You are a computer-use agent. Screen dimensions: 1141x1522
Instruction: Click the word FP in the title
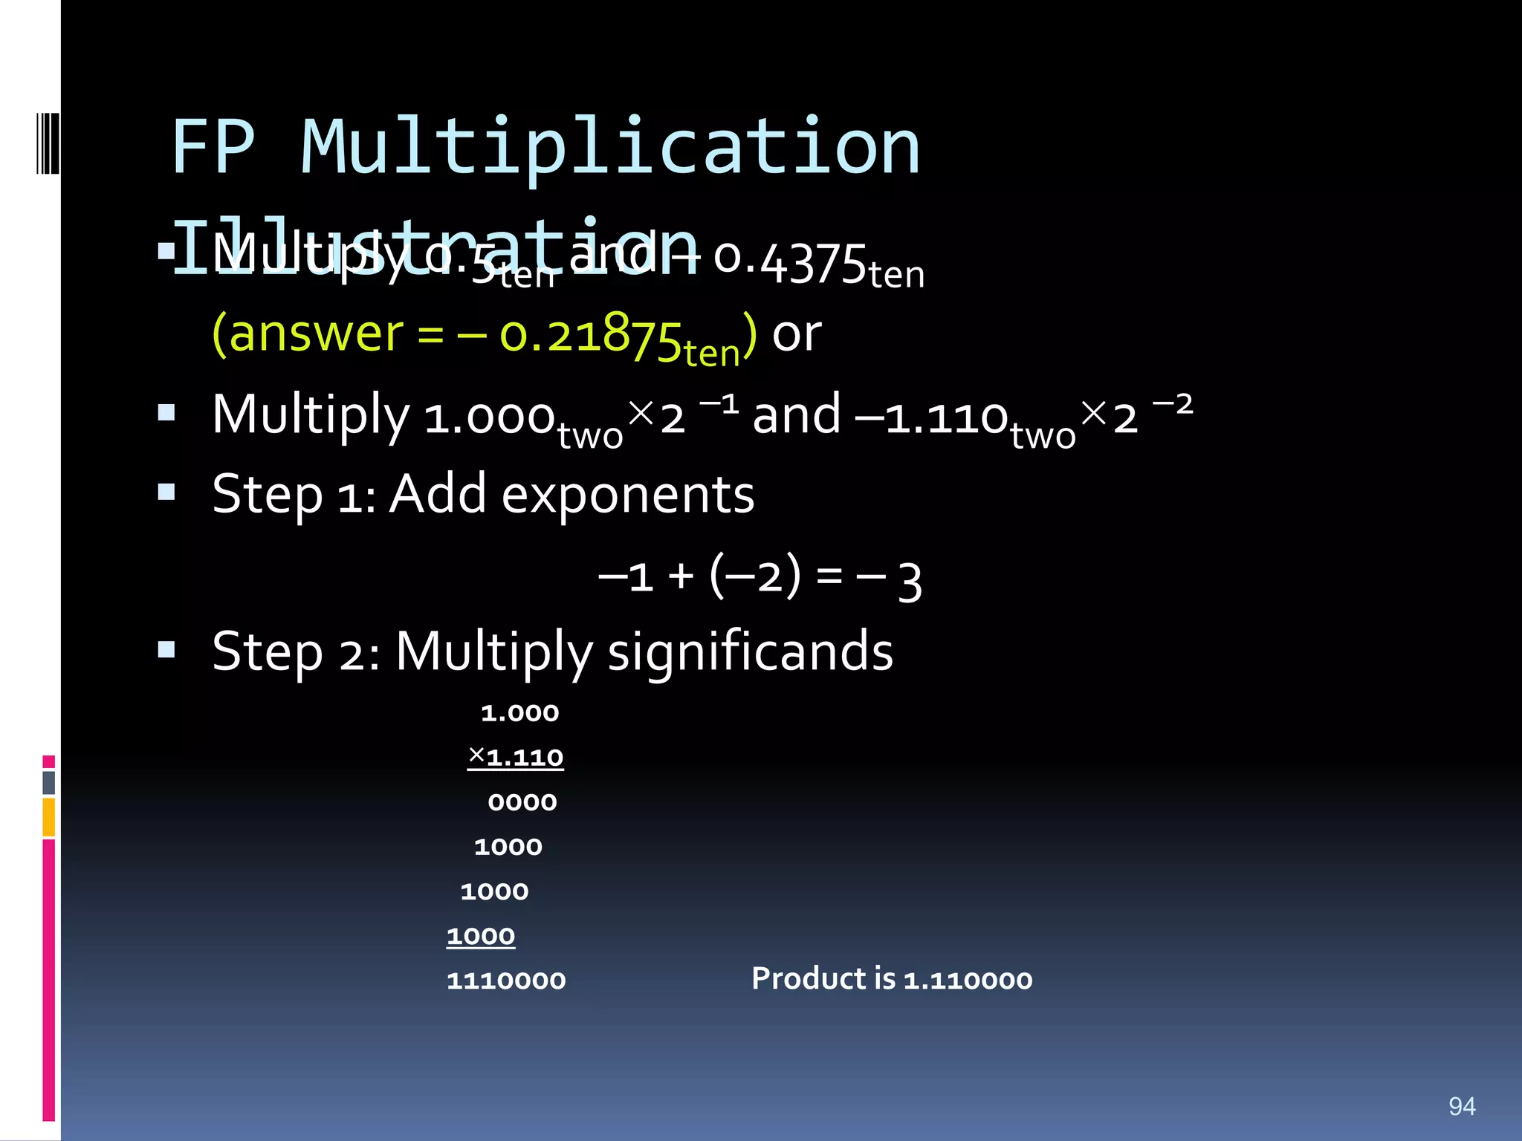[213, 147]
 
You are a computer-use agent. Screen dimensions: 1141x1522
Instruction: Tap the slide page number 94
[1462, 1106]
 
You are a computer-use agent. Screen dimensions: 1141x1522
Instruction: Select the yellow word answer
[317, 334]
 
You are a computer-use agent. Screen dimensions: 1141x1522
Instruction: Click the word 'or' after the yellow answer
[797, 335]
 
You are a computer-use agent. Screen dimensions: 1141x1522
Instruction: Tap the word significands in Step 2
[751, 651]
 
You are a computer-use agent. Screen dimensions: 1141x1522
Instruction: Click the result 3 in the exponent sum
[910, 581]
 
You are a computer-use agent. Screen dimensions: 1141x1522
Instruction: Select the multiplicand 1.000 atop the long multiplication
[519, 713]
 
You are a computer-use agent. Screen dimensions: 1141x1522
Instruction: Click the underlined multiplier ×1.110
[516, 758]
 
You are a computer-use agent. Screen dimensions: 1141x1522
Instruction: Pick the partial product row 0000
[522, 802]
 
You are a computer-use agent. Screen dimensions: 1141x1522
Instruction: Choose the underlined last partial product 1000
[481, 936]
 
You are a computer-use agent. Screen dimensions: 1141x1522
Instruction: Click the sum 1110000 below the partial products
[506, 981]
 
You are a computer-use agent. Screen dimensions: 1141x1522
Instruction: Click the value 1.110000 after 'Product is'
[968, 980]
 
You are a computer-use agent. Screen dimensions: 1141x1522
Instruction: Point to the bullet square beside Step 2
[166, 651]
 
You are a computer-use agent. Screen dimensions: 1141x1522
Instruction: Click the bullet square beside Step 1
[166, 492]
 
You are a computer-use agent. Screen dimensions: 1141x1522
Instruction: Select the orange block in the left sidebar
[49, 817]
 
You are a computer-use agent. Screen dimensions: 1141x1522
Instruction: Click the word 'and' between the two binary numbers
[797, 415]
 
